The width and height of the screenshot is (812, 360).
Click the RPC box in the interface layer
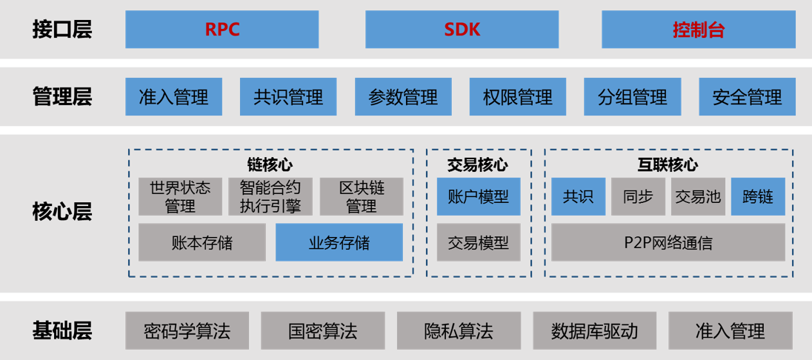[222, 30]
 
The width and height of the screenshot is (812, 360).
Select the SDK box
[462, 30]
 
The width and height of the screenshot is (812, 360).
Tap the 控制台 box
[699, 30]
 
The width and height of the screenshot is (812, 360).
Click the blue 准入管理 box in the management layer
[173, 97]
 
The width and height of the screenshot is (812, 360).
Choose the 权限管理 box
[518, 97]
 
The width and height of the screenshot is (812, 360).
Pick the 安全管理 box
[747, 97]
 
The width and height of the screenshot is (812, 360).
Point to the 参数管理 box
[403, 97]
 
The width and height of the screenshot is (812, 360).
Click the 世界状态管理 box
[180, 196]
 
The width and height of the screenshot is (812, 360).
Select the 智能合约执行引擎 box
[270, 196]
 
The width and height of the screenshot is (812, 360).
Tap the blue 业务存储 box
[339, 242]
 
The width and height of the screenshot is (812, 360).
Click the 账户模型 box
[479, 196]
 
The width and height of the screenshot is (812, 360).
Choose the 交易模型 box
[479, 242]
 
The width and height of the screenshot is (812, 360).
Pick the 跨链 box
[758, 196]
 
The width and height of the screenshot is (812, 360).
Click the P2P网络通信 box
[668, 242]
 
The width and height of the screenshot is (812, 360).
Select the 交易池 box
[698, 196]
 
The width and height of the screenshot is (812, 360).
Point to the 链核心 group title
[270, 164]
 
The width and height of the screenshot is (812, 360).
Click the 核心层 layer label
[61, 213]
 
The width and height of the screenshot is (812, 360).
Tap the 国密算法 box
[323, 330]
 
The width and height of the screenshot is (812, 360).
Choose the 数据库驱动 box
[594, 330]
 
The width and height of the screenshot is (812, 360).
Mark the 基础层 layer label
[61, 330]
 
